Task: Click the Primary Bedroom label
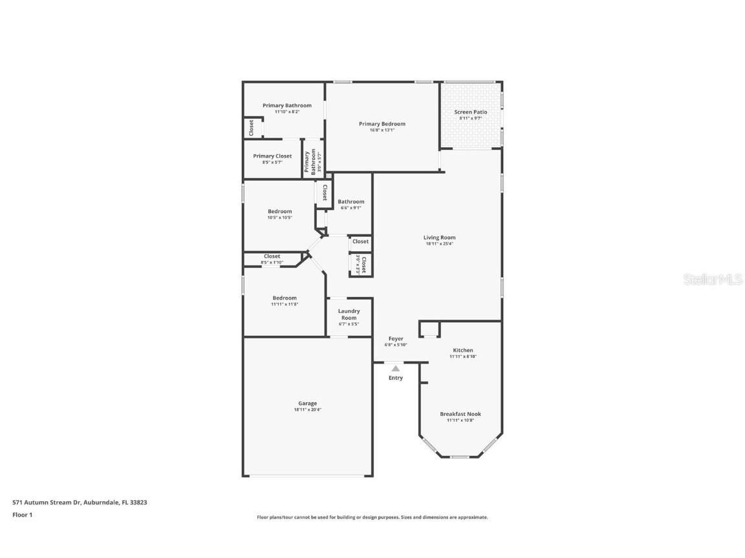tap(382, 124)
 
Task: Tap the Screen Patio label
tap(471, 112)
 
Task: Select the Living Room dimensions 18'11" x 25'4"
tap(440, 244)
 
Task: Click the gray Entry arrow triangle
tap(396, 368)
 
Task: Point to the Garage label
tap(307, 403)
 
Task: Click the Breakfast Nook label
tap(460, 414)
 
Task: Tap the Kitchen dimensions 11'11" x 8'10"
tap(463, 356)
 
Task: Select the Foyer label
tap(396, 338)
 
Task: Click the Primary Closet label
tap(272, 156)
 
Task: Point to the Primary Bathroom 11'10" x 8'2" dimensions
tap(286, 112)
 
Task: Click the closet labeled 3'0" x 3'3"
tap(361, 265)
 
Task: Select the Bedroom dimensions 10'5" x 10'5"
tap(280, 218)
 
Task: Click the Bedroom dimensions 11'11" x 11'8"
tap(285, 304)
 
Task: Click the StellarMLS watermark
tap(714, 279)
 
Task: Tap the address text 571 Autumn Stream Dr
tap(47, 502)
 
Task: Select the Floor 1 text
tap(22, 515)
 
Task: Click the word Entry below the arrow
tap(396, 378)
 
